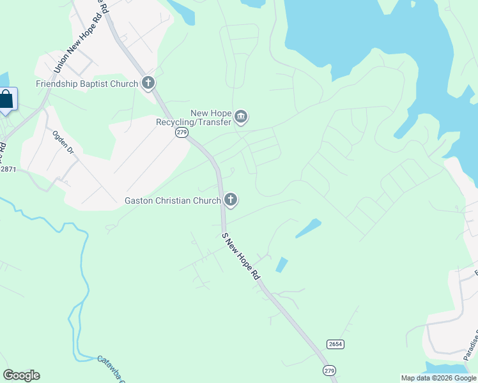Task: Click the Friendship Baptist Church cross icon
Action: coord(148,83)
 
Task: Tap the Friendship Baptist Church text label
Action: coord(87,84)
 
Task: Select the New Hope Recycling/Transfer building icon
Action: coord(241,117)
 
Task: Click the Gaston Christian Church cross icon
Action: coord(231,200)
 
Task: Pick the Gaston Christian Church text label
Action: coord(172,200)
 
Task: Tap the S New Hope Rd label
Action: coord(241,255)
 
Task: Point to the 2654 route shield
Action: coord(335,344)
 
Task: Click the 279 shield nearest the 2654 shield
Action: coord(329,370)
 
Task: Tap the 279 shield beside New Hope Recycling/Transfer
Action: coord(181,132)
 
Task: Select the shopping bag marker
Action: coord(6,100)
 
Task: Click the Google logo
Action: coord(21,375)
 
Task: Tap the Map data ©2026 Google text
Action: coord(438,378)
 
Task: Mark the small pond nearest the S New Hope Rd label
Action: coord(281,264)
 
